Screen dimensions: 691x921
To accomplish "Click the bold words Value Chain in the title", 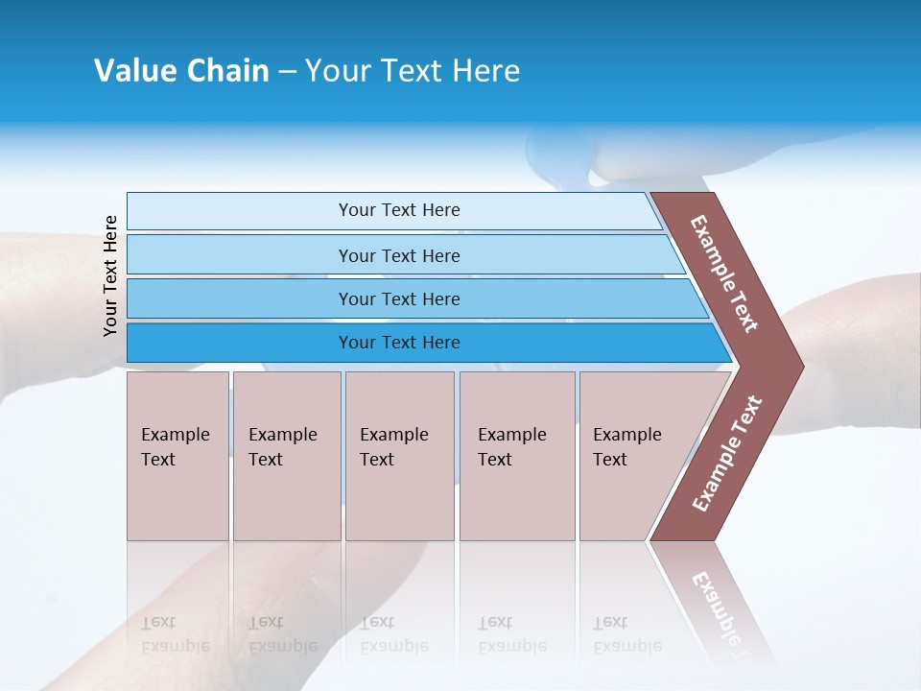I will pos(181,70).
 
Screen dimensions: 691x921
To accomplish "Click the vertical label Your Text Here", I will pos(110,275).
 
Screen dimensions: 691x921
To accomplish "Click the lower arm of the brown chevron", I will pos(727,454).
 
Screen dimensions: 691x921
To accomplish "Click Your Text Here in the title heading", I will pos(413,70).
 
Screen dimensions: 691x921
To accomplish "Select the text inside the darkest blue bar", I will pos(399,343).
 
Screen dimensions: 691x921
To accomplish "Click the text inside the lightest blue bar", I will pos(399,210).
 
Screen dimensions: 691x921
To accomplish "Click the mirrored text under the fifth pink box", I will pos(626,634).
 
